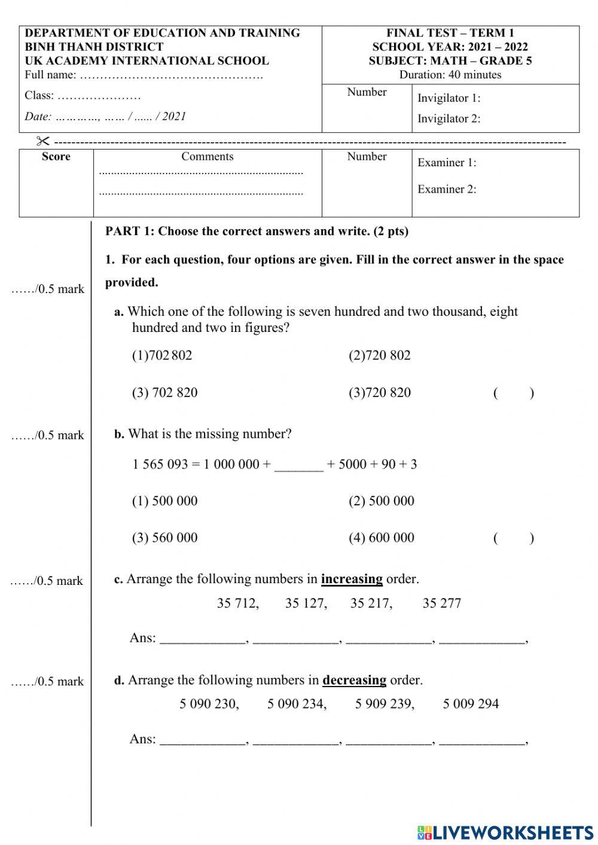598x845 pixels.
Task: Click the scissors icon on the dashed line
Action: (x=43, y=141)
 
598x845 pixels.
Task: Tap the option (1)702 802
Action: (x=162, y=355)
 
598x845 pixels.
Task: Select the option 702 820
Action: (x=164, y=393)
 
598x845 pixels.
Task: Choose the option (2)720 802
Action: (x=380, y=355)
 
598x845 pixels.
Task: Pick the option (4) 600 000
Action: (x=382, y=538)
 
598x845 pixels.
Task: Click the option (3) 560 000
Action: (x=164, y=538)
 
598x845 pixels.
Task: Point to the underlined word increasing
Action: (x=352, y=579)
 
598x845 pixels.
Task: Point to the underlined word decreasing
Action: (x=354, y=680)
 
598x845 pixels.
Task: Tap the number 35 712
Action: (x=238, y=603)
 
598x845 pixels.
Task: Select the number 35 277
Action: (x=442, y=603)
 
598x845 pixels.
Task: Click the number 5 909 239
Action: (x=385, y=704)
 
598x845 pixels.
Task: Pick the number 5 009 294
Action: (x=471, y=704)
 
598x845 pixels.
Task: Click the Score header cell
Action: (x=56, y=157)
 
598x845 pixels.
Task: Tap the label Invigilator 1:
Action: (x=448, y=98)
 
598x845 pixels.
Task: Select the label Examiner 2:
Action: (x=447, y=189)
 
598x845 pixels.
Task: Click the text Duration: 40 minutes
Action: (x=450, y=75)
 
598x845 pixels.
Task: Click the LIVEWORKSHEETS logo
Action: (x=505, y=832)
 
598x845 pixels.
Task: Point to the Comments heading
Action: (x=207, y=157)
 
